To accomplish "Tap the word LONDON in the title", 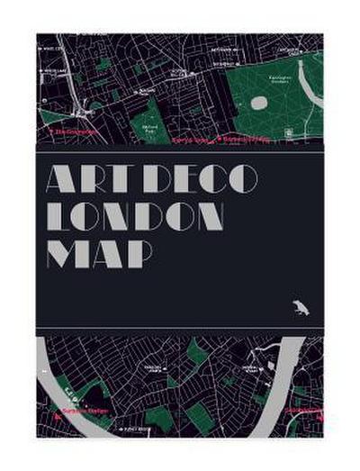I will click(135, 216).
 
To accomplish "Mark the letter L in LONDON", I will click(56, 216).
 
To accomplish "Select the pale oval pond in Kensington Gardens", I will click(258, 103).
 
